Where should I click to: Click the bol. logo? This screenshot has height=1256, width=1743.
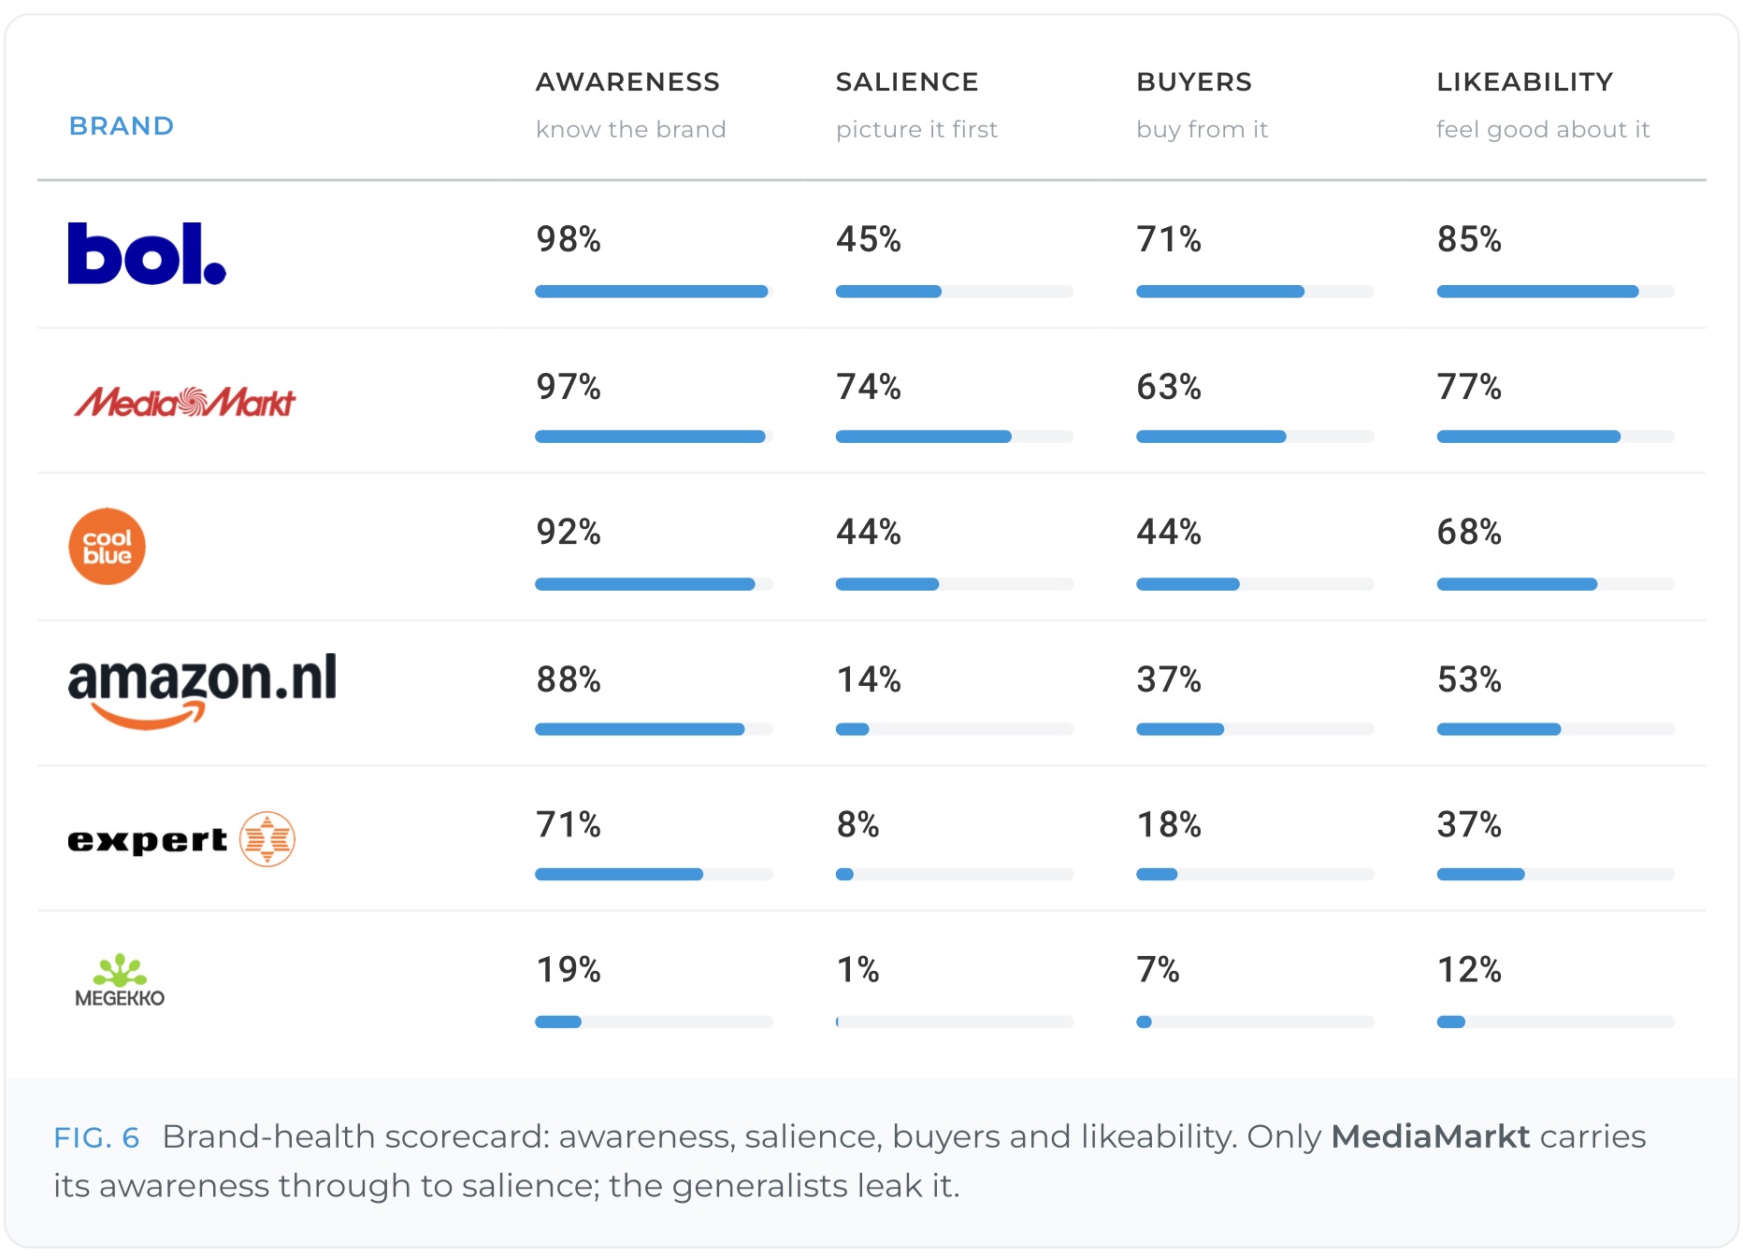pyautogui.click(x=147, y=253)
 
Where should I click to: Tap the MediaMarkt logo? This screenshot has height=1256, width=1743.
pyautogui.click(x=185, y=402)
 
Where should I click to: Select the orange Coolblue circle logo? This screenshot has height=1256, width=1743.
pyautogui.click(x=108, y=547)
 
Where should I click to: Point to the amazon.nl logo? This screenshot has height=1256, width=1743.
pyautogui.click(x=202, y=691)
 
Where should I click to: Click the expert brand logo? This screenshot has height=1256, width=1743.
pyautogui.click(x=181, y=839)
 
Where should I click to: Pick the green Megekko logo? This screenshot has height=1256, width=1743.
pyautogui.click(x=120, y=980)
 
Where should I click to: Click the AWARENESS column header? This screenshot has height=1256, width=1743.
pyautogui.click(x=627, y=82)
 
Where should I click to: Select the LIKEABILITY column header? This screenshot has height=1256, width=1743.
pyautogui.click(x=1525, y=82)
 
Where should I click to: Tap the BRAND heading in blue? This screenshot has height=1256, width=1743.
pyautogui.click(x=122, y=126)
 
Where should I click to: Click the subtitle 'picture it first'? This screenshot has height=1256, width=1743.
pyautogui.click(x=916, y=129)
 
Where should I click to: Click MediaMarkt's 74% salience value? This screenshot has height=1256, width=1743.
pyautogui.click(x=869, y=387)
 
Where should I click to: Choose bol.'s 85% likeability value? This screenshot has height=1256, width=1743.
pyautogui.click(x=1469, y=239)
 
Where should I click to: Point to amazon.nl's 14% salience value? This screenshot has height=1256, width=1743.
pyautogui.click(x=869, y=679)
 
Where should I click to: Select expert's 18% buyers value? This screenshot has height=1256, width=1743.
pyautogui.click(x=1169, y=825)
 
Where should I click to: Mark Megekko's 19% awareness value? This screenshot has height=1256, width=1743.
pyautogui.click(x=569, y=970)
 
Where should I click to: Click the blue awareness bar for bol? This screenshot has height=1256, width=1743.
pyautogui.click(x=652, y=292)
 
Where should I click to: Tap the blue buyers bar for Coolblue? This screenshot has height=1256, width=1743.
pyautogui.click(x=1188, y=584)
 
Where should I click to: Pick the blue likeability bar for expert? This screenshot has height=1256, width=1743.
pyautogui.click(x=1481, y=875)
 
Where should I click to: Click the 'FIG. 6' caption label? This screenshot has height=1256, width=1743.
pyautogui.click(x=96, y=1137)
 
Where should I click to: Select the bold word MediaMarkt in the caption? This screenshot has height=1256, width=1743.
pyautogui.click(x=1431, y=1136)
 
